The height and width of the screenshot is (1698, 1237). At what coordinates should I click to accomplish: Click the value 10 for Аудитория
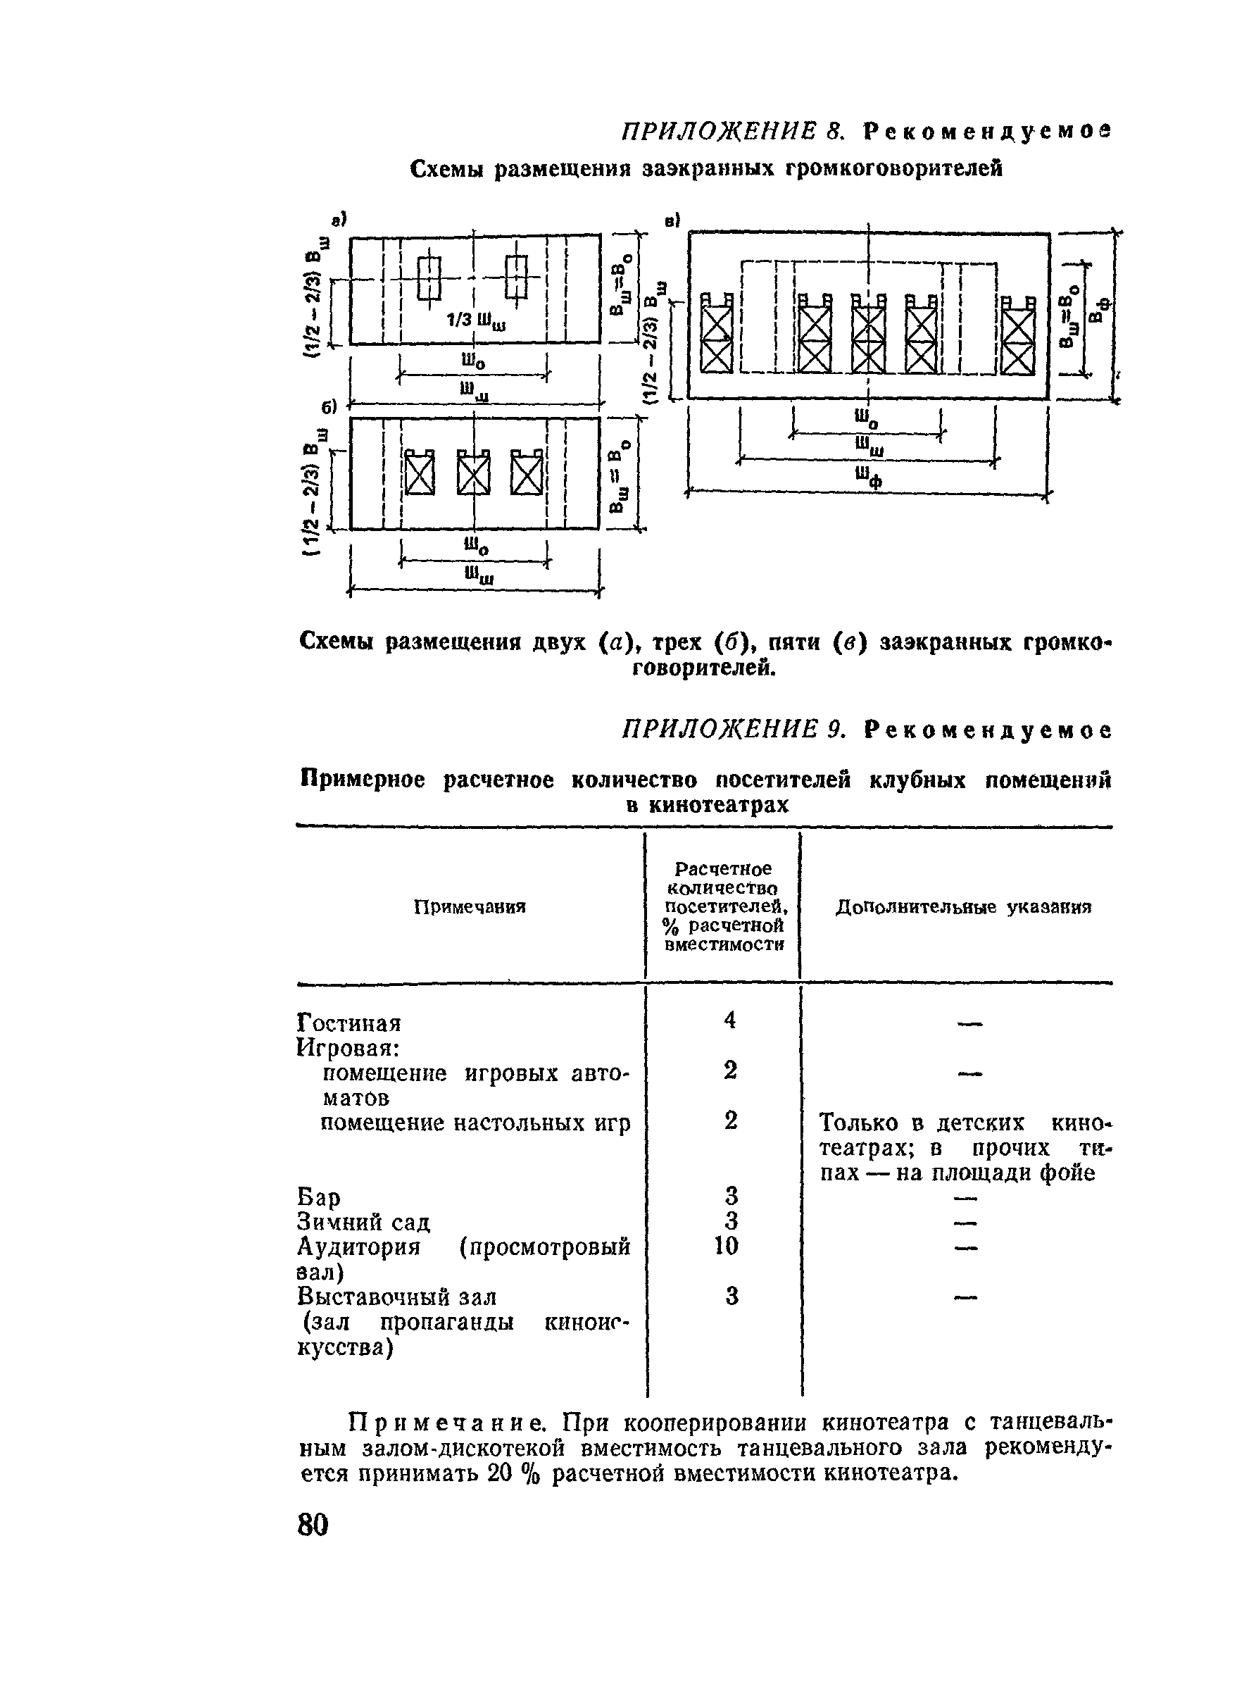[x=727, y=1246]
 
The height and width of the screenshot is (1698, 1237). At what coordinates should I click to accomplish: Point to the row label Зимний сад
[x=364, y=1222]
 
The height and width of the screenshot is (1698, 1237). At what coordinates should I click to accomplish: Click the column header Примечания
[x=470, y=907]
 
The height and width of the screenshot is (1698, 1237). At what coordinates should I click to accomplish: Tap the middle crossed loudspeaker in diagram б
[x=474, y=473]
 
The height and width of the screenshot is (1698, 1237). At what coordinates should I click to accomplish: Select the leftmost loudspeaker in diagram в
[x=717, y=334]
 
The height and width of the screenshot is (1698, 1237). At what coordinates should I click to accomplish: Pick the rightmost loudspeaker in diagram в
[x=1018, y=334]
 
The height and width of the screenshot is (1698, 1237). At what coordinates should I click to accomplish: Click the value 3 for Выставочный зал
[x=732, y=1296]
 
